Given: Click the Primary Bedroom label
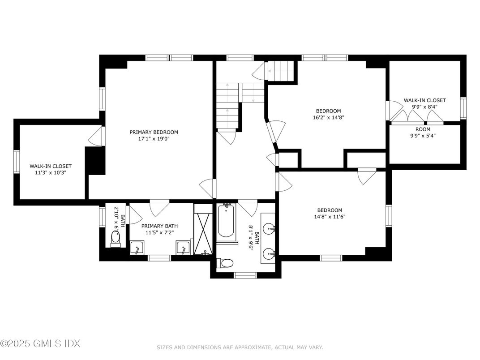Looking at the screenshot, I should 154,132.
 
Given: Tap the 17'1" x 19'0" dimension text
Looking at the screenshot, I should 154,139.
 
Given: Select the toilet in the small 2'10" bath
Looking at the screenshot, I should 116,237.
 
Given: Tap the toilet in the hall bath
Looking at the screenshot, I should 225,263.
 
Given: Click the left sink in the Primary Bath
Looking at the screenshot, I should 137,248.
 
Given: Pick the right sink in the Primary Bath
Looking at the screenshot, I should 183,248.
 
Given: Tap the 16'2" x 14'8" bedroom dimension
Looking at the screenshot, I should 328,118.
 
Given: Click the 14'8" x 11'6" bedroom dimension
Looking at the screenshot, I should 330,217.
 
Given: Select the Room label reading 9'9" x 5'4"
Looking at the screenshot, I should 423,133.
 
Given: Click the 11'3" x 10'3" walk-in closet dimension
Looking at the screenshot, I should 51,172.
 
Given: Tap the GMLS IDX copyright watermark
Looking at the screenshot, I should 40,344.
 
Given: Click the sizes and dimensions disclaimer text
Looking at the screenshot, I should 240,347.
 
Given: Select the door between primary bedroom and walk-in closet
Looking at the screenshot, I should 95,136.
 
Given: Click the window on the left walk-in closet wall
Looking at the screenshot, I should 17,162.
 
